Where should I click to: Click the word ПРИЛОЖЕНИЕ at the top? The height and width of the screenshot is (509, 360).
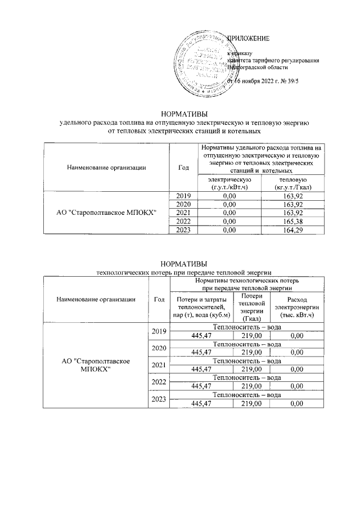[248, 39]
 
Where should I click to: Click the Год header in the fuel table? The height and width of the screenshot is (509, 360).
[183, 167]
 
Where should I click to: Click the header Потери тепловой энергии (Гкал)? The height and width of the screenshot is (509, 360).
[248, 307]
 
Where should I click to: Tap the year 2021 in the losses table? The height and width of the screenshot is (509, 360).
[159, 365]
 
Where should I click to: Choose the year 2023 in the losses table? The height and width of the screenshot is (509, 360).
[159, 399]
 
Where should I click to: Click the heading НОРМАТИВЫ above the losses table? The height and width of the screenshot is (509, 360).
[184, 264]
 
